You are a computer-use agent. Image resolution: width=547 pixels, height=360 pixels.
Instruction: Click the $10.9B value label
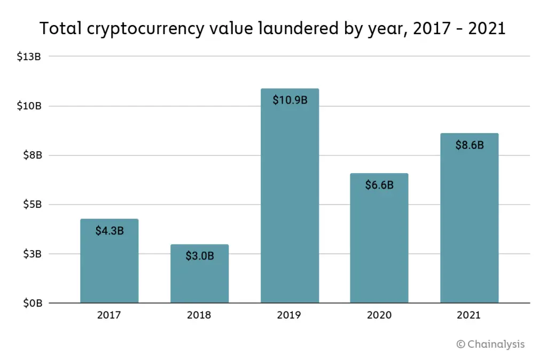(290, 100)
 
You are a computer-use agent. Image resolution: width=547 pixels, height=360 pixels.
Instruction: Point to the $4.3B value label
(110, 231)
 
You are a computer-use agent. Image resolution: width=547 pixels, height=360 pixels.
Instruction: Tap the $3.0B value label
(199, 256)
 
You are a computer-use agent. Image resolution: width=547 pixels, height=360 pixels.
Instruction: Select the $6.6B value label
(379, 185)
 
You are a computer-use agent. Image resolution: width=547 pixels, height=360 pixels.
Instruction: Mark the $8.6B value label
(469, 145)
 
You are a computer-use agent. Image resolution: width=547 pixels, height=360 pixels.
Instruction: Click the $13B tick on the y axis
(29, 56)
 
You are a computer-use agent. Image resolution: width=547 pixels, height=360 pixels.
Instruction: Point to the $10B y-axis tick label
(29, 106)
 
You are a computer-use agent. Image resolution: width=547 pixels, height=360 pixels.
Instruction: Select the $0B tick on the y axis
(30, 303)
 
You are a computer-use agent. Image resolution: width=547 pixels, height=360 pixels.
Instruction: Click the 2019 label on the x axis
(289, 315)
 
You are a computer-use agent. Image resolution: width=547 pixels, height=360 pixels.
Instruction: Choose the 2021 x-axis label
(468, 315)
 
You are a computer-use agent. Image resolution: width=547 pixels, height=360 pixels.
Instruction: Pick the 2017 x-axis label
(109, 315)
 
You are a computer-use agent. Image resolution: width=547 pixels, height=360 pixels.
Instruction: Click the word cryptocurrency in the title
(143, 29)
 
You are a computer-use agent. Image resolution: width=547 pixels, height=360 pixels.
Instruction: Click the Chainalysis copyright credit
(490, 344)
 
